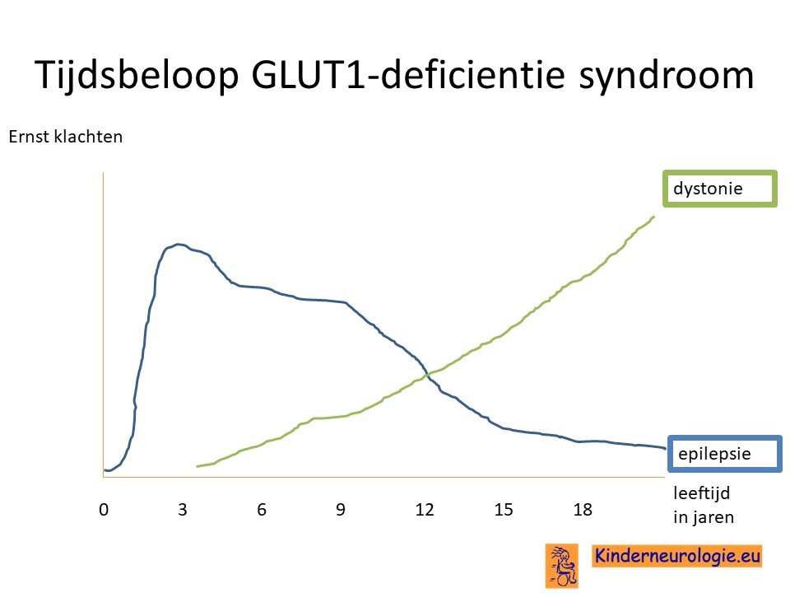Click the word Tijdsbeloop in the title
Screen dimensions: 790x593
click(x=137, y=76)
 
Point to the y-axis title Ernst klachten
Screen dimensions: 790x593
click(x=66, y=137)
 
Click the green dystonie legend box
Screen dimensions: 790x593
click(x=720, y=189)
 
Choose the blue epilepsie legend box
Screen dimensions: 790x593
click(x=725, y=454)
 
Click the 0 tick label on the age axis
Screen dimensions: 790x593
click(x=104, y=510)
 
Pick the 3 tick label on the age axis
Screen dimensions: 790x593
click(x=183, y=510)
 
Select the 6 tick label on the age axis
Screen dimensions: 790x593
click(x=262, y=510)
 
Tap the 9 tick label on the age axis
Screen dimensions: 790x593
click(x=341, y=510)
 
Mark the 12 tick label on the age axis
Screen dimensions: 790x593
click(x=425, y=510)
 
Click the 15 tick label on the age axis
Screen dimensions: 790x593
click(x=504, y=510)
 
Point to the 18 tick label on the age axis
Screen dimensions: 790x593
click(x=583, y=510)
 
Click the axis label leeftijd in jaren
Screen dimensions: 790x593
click(x=704, y=505)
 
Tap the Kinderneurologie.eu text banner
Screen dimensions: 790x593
click(x=676, y=556)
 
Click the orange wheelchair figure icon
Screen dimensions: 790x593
click(x=562, y=566)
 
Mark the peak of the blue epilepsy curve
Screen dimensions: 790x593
click(x=178, y=245)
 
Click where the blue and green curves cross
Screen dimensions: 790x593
click(x=427, y=375)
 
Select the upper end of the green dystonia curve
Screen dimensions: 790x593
click(x=653, y=217)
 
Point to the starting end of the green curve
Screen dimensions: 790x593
click(x=197, y=466)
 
